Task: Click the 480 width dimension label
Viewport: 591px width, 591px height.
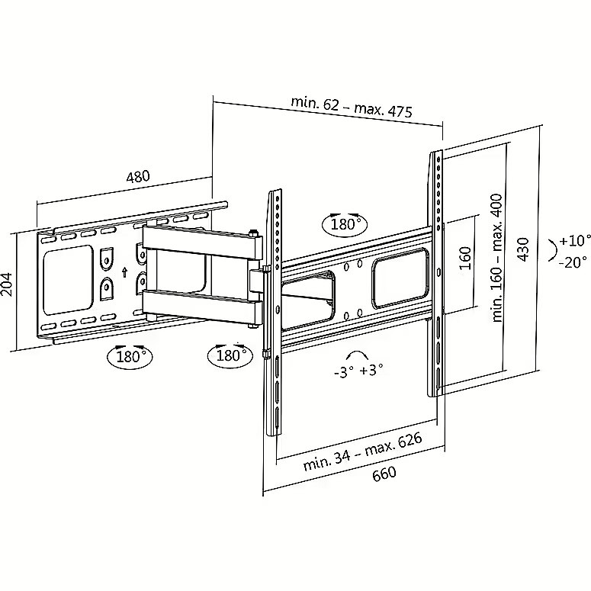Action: (138, 176)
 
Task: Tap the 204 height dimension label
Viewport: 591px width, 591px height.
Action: (7, 285)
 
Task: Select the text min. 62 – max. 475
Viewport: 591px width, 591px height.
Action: (352, 107)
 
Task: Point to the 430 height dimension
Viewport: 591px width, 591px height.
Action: (524, 249)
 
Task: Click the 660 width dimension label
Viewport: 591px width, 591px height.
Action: (384, 474)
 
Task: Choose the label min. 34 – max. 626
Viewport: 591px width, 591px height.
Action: (362, 451)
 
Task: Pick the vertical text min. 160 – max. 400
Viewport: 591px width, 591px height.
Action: (497, 258)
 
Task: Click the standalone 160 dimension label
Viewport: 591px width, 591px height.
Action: (466, 259)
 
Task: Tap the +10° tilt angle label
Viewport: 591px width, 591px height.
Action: (575, 240)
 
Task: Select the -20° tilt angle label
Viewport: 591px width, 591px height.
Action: (573, 262)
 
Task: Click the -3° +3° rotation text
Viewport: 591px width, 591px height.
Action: (358, 371)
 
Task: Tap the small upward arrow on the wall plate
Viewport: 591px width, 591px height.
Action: (125, 272)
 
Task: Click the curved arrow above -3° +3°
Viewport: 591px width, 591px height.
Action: (357, 353)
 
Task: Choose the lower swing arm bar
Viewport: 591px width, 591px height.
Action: (201, 306)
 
